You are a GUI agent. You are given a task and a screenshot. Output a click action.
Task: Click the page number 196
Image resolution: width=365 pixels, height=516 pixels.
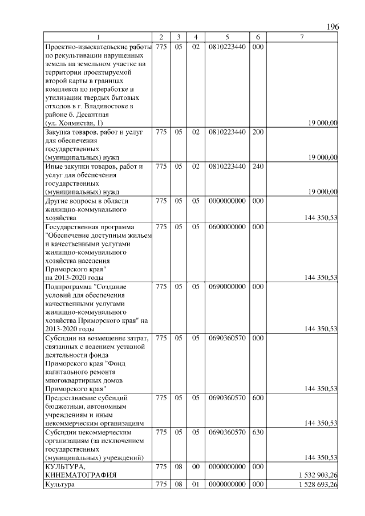coord(332,27)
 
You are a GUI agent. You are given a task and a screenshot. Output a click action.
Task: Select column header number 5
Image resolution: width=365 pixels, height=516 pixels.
coord(227,37)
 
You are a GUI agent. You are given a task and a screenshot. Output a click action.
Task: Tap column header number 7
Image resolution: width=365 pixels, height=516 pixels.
coord(302,37)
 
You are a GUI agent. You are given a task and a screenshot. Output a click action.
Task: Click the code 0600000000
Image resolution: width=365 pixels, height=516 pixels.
coord(227,227)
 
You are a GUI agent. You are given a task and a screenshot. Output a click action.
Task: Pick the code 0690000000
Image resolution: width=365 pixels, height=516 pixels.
coord(227,286)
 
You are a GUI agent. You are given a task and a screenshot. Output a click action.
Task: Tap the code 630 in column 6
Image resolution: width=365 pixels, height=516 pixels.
coord(258,433)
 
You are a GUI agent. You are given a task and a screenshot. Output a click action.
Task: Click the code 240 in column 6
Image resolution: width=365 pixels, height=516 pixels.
coord(258,166)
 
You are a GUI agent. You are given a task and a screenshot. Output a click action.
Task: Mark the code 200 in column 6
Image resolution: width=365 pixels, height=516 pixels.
coord(258,132)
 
